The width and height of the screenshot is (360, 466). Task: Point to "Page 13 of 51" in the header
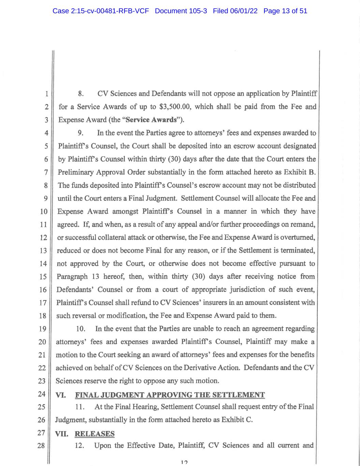(285, 11)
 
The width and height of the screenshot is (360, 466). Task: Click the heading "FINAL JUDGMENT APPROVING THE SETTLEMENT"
(170, 395)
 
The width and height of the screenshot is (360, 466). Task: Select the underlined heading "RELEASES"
(95, 434)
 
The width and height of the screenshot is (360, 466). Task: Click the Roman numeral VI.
(60, 395)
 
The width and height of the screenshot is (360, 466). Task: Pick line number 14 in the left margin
(43, 264)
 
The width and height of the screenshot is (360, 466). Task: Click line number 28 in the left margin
(41, 446)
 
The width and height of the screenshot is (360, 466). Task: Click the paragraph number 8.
(81, 94)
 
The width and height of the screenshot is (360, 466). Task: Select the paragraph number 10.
(81, 329)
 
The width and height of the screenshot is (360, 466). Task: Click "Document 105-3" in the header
(181, 11)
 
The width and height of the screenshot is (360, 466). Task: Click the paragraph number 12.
(80, 446)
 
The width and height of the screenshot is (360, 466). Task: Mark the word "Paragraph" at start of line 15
(72, 277)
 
